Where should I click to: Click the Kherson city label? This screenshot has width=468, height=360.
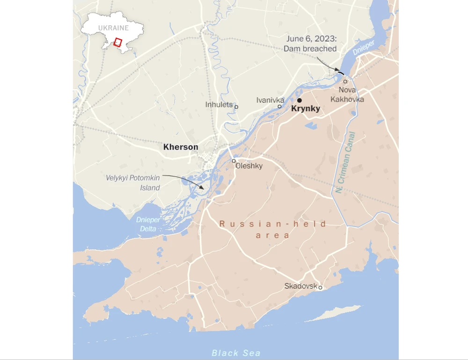(x=181, y=147)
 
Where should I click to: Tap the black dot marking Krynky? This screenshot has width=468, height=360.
(x=299, y=100)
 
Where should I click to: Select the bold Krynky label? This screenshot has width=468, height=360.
(x=306, y=109)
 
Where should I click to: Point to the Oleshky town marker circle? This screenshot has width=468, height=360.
(x=234, y=161)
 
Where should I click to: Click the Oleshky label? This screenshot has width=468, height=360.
(x=249, y=166)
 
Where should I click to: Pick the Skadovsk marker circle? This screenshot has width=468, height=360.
(x=320, y=288)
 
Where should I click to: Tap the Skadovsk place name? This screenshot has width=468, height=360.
(x=300, y=286)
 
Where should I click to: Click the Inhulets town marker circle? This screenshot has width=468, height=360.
(x=236, y=107)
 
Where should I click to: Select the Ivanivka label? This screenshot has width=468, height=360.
(x=270, y=100)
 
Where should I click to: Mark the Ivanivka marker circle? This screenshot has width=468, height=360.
(x=279, y=107)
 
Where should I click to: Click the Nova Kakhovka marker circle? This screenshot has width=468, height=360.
(x=345, y=81)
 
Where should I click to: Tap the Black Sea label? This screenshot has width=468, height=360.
(x=236, y=353)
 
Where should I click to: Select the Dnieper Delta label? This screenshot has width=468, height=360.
(x=148, y=223)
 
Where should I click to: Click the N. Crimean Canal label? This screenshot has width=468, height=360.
(x=346, y=162)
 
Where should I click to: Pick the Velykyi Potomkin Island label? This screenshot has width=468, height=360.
(x=132, y=182)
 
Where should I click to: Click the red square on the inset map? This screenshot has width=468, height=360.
(x=118, y=42)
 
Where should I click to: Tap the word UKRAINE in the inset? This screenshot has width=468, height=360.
(x=113, y=28)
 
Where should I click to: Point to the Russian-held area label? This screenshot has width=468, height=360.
(x=273, y=230)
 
